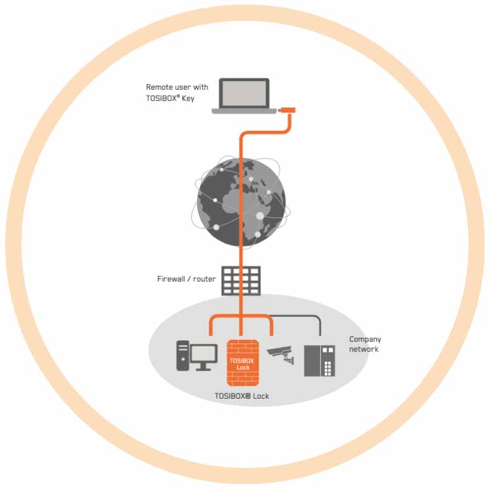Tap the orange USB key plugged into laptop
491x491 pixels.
coord(289,110)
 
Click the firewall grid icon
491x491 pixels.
coord(240,280)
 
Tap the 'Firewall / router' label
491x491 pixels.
coord(187,279)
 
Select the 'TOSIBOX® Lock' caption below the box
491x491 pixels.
coord(242,396)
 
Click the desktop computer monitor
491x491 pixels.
coord(204,354)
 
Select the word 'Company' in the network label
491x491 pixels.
coord(365,339)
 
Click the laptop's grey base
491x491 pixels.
coord(244,111)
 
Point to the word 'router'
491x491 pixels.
coord(204,279)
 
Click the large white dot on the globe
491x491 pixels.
coord(260,215)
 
